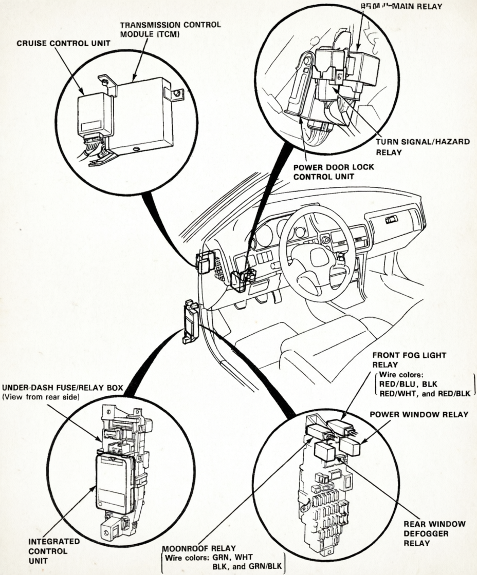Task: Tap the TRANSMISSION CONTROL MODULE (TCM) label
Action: (x=170, y=29)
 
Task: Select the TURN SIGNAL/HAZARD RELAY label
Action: (x=422, y=147)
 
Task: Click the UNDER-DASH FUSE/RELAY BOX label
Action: (x=62, y=388)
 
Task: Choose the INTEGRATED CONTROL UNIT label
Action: (x=47, y=550)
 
